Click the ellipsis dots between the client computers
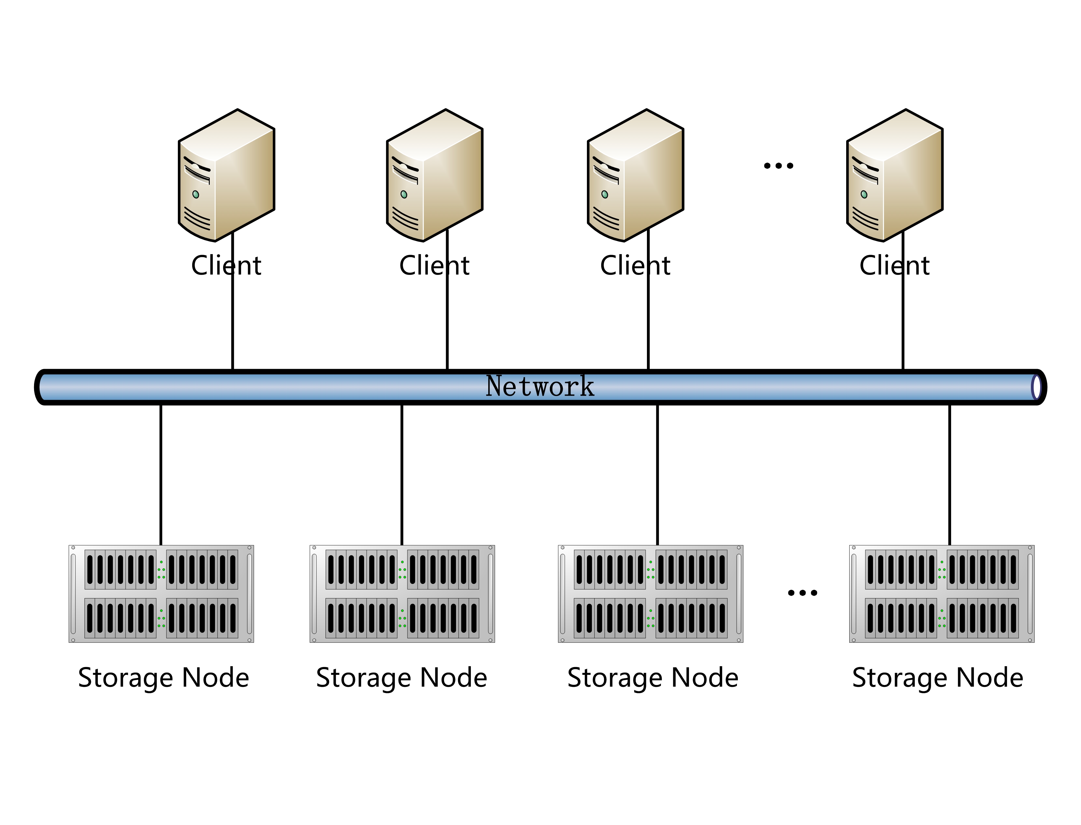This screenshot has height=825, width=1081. (x=778, y=166)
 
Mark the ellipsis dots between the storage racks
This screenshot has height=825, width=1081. (x=802, y=593)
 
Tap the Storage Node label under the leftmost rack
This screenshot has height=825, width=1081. (x=164, y=678)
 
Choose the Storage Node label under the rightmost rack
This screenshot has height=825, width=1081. (x=937, y=678)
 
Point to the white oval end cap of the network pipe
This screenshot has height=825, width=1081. (x=1036, y=387)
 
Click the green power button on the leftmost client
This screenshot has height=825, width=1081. (x=196, y=194)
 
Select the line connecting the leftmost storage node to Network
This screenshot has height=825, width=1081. (x=161, y=474)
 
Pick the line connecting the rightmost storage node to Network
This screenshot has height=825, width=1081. (x=949, y=474)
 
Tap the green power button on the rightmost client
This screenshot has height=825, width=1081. (x=864, y=194)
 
